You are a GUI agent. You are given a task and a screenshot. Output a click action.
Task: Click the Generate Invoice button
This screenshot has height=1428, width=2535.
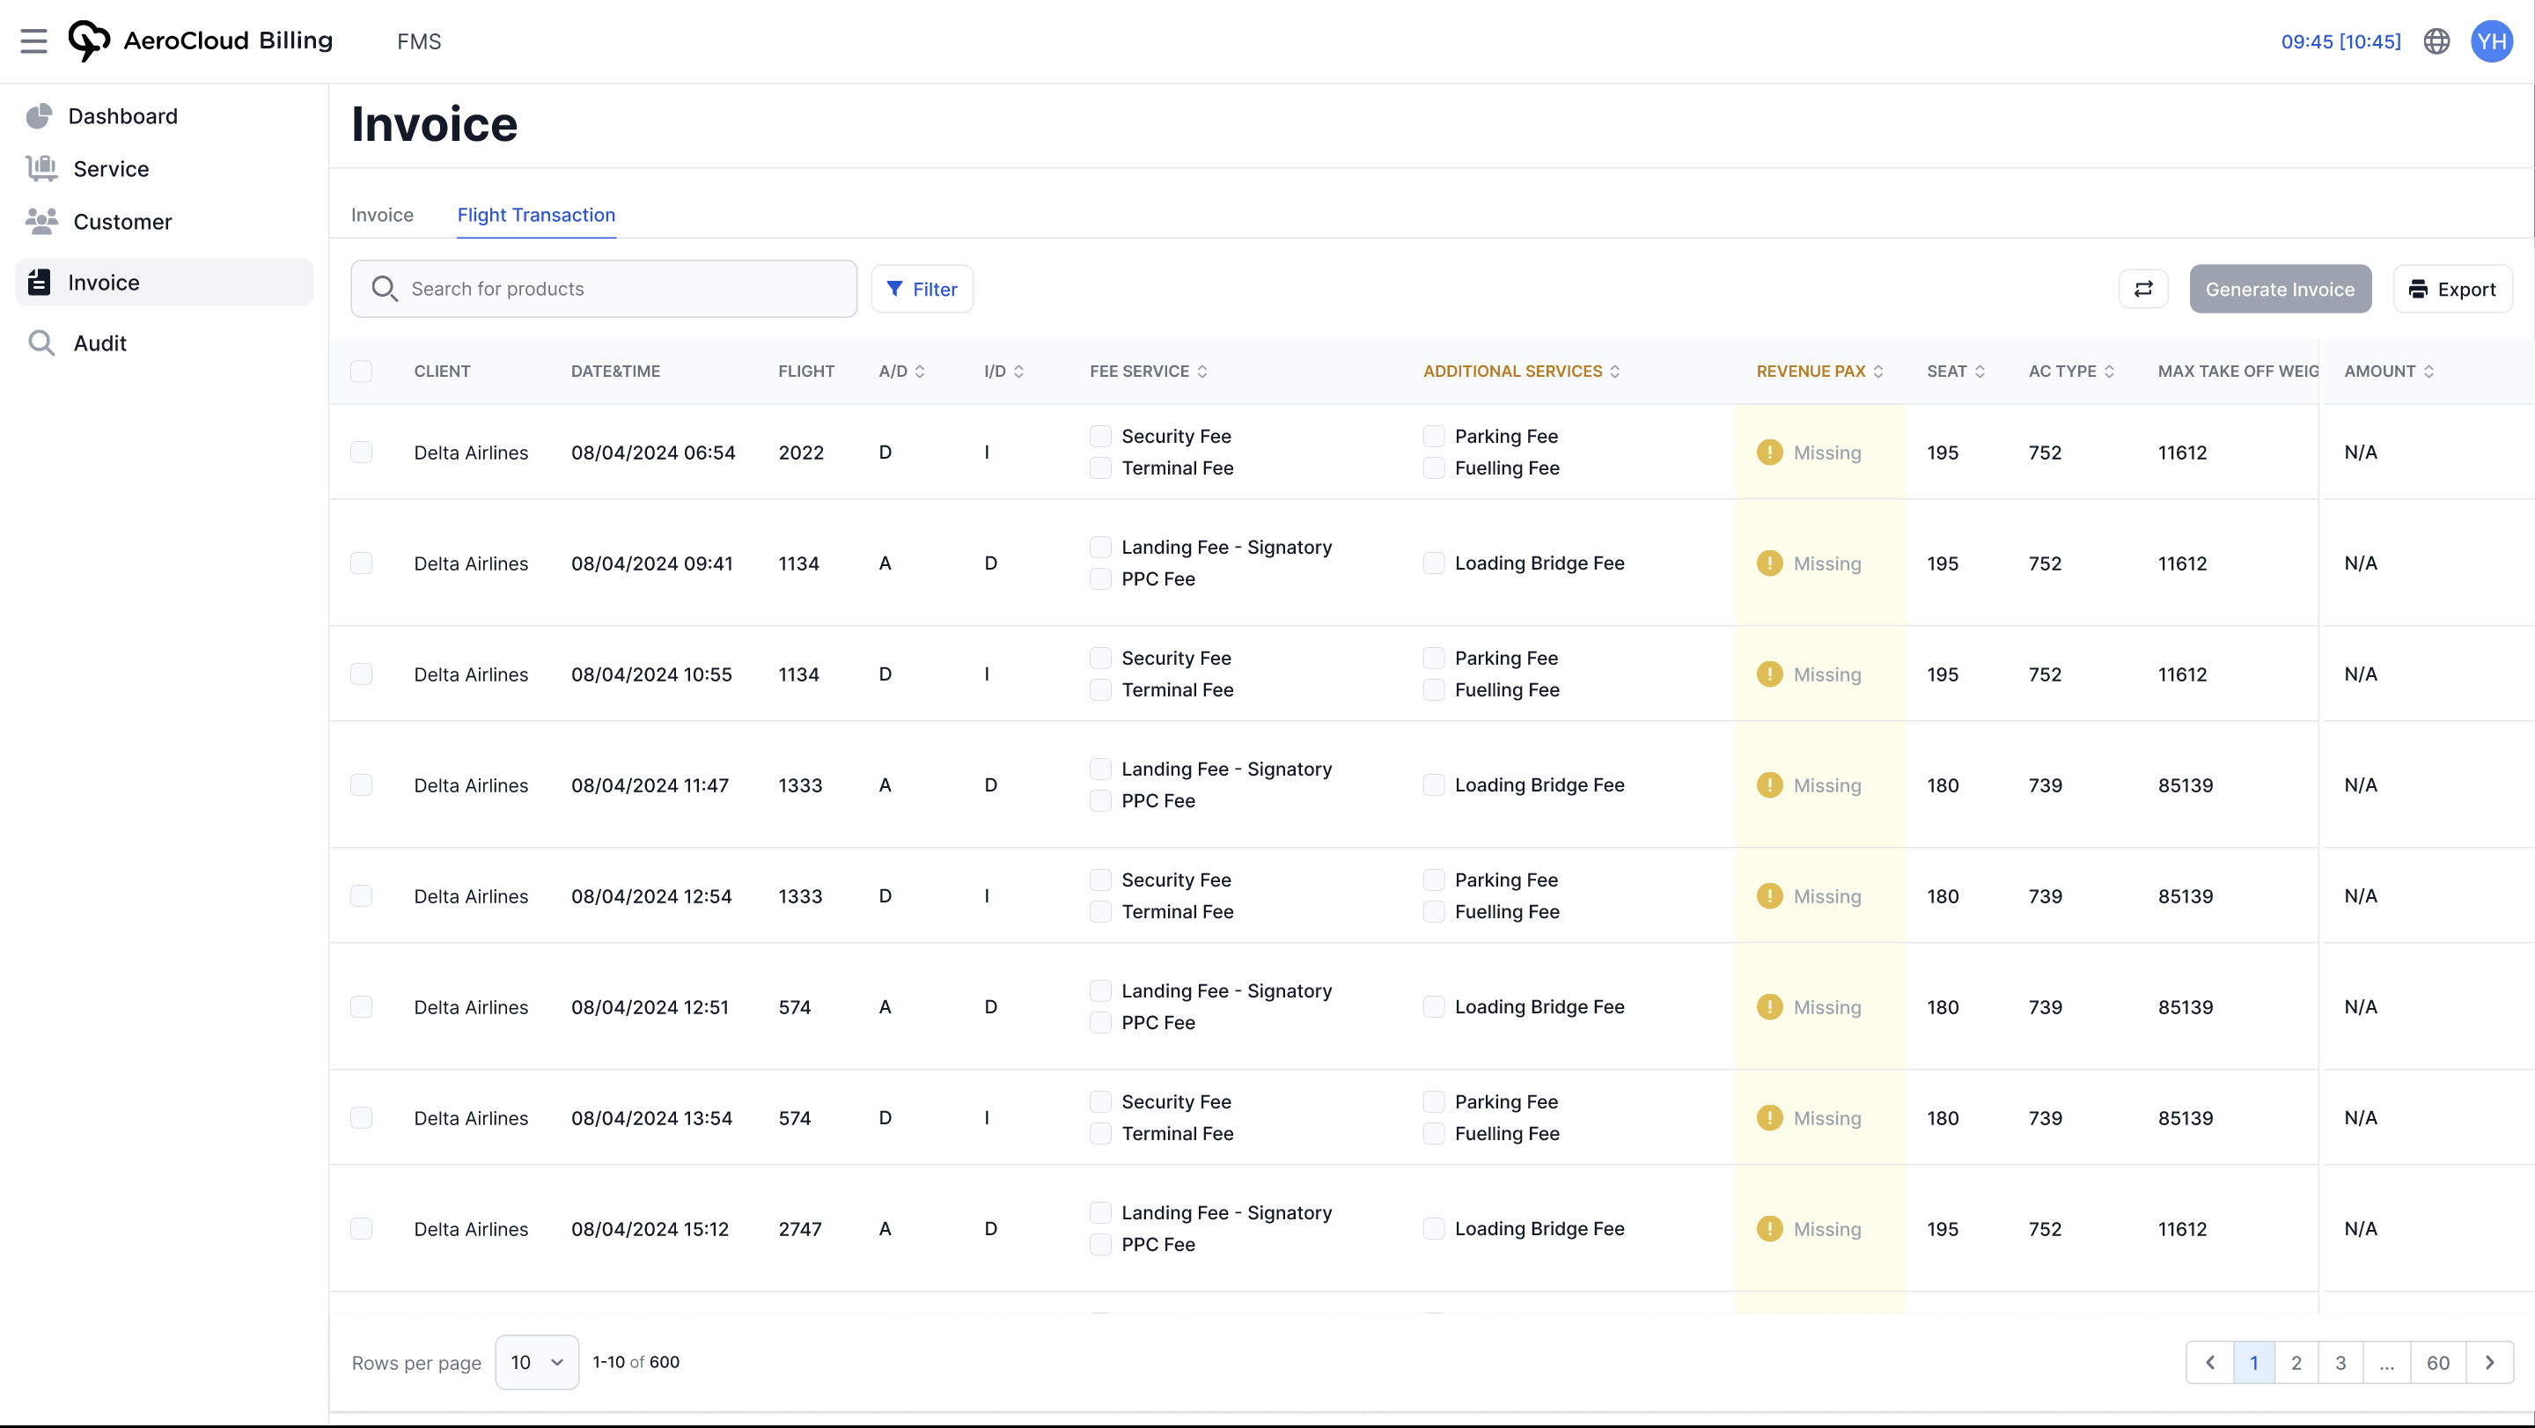pos(2279,290)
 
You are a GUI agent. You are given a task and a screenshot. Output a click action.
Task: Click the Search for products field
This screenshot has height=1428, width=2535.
pos(603,290)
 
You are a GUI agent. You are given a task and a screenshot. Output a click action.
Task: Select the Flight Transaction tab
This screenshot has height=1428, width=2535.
pos(535,215)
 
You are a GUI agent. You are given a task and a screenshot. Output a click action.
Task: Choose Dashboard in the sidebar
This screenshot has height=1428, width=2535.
pos(122,116)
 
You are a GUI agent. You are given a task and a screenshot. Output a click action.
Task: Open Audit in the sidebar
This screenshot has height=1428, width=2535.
pos(99,343)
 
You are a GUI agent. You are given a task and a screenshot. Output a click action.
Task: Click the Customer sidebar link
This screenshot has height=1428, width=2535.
pos(122,223)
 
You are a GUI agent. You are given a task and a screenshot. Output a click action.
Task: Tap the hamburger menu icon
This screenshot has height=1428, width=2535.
pos(33,41)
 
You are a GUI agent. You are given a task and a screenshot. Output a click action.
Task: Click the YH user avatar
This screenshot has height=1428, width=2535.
pos(2491,41)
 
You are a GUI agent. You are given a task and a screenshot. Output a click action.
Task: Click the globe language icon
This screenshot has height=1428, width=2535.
pos(2436,41)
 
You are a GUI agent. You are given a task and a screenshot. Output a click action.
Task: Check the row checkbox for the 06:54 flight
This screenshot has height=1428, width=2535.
pos(361,453)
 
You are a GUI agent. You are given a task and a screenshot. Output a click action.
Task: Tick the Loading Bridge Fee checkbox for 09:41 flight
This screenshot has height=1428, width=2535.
pos(1434,563)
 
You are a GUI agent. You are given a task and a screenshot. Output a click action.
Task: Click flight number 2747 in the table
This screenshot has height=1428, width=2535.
pos(799,1229)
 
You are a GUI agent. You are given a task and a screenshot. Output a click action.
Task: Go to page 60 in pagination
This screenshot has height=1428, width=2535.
pos(2436,1363)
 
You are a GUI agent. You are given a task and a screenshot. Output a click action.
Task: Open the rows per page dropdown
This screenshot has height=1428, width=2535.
pos(536,1363)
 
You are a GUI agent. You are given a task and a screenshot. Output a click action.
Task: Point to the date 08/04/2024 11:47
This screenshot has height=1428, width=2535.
pos(650,785)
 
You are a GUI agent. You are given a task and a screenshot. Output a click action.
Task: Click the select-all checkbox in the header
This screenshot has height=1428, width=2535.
pos(361,371)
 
